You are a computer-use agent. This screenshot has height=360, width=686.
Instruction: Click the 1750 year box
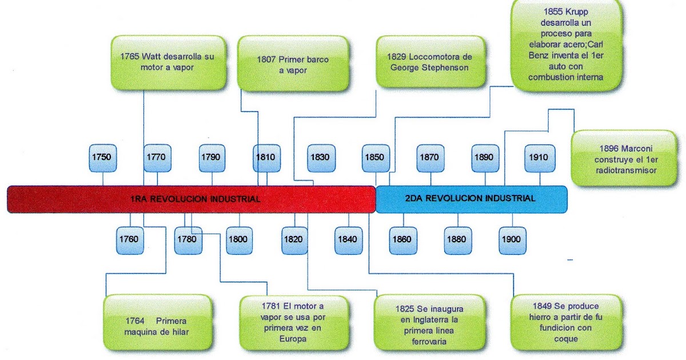pyautogui.click(x=102, y=158)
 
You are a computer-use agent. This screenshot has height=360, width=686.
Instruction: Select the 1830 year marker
pyautogui.click(x=321, y=158)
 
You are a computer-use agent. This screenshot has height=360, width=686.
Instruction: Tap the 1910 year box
pyautogui.click(x=540, y=158)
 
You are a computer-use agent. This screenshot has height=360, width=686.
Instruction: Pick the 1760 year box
pyautogui.click(x=130, y=241)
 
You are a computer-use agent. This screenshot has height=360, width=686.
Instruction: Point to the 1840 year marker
pyautogui.click(x=348, y=241)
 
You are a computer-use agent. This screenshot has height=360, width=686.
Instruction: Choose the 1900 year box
pyautogui.click(x=512, y=241)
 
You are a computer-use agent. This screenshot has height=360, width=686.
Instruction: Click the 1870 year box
pyautogui.click(x=430, y=158)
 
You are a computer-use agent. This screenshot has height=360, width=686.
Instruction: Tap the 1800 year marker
pyautogui.click(x=239, y=241)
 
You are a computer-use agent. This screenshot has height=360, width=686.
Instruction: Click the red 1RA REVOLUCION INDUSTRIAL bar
pyautogui.click(x=192, y=199)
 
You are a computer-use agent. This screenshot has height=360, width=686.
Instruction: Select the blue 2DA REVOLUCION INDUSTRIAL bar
pyautogui.click(x=471, y=199)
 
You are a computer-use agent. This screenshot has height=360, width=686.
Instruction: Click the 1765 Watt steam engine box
pyautogui.click(x=169, y=62)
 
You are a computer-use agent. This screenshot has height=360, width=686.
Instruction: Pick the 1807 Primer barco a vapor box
pyautogui.click(x=293, y=63)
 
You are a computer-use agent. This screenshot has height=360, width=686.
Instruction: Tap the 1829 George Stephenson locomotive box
pyautogui.click(x=430, y=62)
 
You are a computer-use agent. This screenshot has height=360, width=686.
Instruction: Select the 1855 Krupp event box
pyautogui.click(x=567, y=45)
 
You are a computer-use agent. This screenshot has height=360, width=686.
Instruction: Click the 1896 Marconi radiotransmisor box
pyautogui.click(x=624, y=158)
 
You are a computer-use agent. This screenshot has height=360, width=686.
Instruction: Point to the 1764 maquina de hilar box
pyautogui.click(x=157, y=322)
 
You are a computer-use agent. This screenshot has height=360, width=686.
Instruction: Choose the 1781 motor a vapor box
pyautogui.click(x=294, y=323)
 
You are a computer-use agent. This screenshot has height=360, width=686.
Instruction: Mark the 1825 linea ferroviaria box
pyautogui.click(x=429, y=323)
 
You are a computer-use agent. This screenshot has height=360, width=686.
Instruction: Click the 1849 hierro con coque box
pyautogui.click(x=566, y=322)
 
